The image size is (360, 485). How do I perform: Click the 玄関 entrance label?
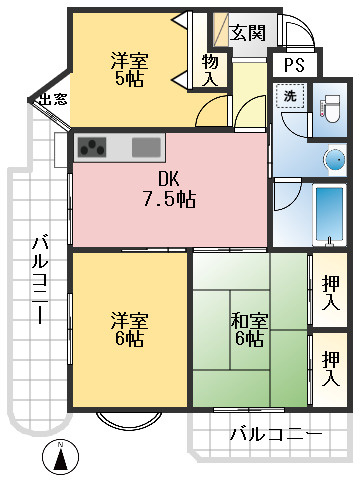pyautogui.click(x=247, y=32)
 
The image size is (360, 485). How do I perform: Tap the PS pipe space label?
pyautogui.click(x=293, y=65)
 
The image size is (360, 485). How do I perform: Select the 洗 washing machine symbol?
pyautogui.click(x=288, y=98)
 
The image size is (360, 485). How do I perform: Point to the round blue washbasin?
pyautogui.click(x=334, y=159)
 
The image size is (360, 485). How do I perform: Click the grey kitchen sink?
pyautogui.click(x=146, y=147)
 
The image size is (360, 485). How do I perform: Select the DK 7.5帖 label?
pyautogui.click(x=168, y=190)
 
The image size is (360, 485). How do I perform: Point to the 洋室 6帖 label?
pyautogui.click(x=129, y=329)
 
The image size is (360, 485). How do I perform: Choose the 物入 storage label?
pyautogui.click(x=209, y=70)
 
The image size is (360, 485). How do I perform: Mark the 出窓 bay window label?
pyautogui.click(x=51, y=100)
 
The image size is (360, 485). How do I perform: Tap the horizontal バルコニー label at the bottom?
pyautogui.click(x=275, y=436)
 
